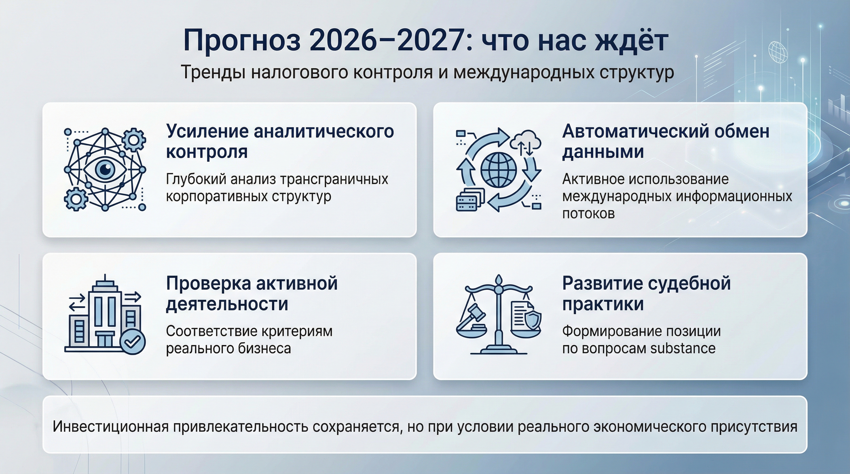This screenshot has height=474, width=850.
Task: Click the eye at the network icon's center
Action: [x=105, y=169]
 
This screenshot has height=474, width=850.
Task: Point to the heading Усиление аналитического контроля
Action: [x=280, y=141]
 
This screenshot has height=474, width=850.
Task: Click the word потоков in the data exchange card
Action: [x=588, y=214]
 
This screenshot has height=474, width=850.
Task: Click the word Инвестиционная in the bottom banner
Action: [x=111, y=426]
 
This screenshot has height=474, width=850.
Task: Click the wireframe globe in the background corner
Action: [x=778, y=52]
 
